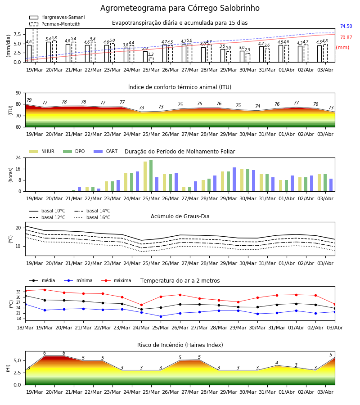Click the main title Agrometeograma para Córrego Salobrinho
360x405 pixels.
coord(180,8)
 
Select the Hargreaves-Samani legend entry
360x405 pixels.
coord(57,17)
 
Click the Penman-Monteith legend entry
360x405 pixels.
coord(55,24)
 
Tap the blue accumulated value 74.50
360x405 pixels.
coord(346,27)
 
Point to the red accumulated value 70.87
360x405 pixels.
coord(346,38)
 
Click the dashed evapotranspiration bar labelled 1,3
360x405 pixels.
coord(151,60)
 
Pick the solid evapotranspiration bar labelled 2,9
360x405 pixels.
coord(145,57)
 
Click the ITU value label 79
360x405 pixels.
coord(29,100)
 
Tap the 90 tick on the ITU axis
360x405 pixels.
coord(18,93)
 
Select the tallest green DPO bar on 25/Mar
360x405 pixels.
coord(151,176)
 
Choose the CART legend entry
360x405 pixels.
coord(106,151)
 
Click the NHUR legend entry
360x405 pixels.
coord(42,151)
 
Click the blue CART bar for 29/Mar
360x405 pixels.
coord(234,180)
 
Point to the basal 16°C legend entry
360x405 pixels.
coord(92,218)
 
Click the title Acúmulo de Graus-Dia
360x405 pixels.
coord(180,216)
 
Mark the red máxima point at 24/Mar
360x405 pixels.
coord(141,305)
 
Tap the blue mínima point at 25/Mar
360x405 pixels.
coord(161,316)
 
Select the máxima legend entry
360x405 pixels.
coord(116,280)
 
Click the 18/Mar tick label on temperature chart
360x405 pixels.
coord(25,328)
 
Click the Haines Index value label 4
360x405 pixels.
coord(277,363)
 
